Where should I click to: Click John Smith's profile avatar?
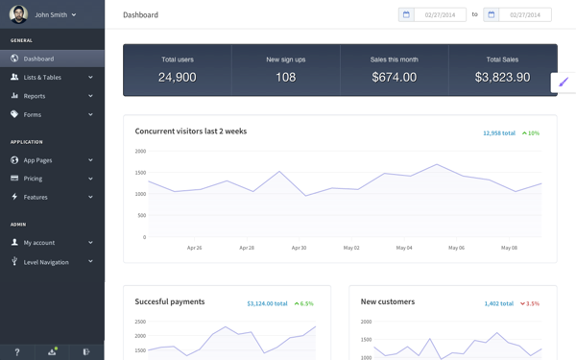[17, 14]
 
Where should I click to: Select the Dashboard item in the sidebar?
[38, 59]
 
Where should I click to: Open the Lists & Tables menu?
[42, 78]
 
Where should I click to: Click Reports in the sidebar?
[35, 96]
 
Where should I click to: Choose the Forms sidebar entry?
[33, 114]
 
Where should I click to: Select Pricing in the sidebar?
[34, 179]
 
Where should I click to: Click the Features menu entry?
[36, 197]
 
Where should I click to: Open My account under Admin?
[40, 243]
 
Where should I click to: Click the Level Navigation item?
[46, 261]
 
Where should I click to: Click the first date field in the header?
[440, 14]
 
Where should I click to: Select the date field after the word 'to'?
[525, 14]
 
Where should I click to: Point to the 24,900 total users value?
[177, 77]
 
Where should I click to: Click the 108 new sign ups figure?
[285, 77]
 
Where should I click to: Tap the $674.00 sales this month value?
[394, 77]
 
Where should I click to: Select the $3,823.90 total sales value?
[502, 77]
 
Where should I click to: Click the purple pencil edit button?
[565, 83]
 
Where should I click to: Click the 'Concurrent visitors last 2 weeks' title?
[191, 131]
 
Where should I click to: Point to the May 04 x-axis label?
[402, 248]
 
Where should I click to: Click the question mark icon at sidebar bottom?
[16, 351]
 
